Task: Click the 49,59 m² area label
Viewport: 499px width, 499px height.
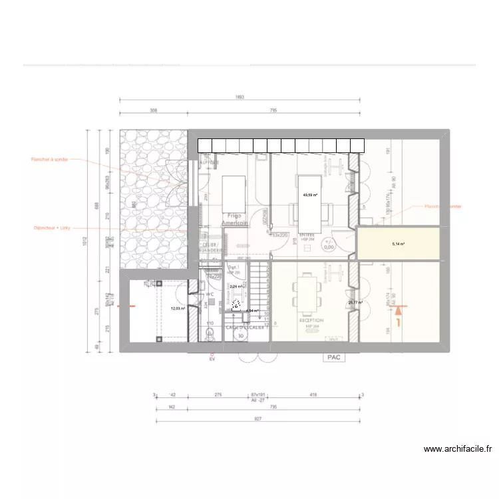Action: coord(310,196)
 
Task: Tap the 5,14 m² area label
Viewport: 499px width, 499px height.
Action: coord(399,244)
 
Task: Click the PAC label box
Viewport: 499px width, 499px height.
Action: coord(332,357)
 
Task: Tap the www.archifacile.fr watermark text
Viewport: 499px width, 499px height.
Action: coord(458,449)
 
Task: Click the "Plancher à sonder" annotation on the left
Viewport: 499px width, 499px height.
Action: coord(49,160)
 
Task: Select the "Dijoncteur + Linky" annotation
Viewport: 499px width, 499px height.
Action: coord(51,228)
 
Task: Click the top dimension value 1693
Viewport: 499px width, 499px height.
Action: coord(240,97)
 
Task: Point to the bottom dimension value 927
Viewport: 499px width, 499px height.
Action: coord(258,419)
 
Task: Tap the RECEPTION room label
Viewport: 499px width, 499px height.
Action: coord(311,320)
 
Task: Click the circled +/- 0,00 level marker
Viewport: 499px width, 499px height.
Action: coord(328,244)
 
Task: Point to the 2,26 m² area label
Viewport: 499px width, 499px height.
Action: coord(236,287)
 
